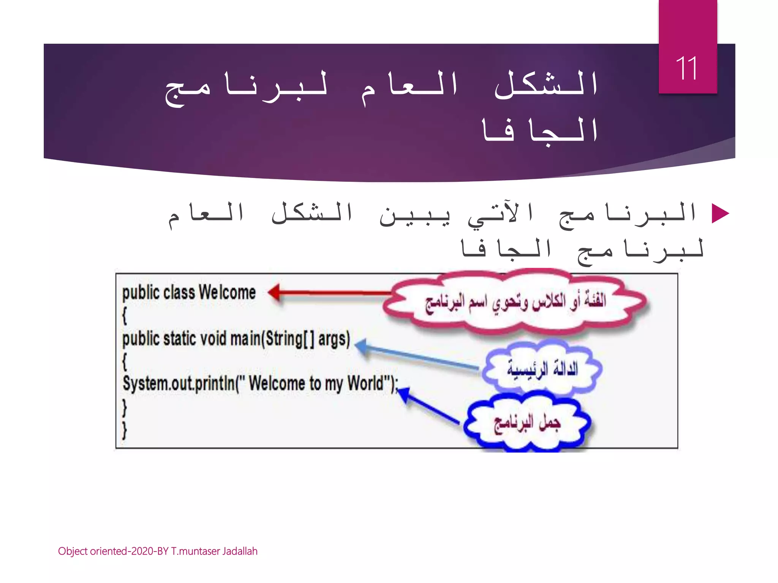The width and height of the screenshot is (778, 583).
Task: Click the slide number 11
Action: point(687,68)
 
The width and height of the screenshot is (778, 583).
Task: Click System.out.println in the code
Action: point(179,384)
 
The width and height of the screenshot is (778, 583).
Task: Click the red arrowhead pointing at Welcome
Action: point(274,293)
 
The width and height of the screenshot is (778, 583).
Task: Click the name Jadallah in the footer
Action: point(240,551)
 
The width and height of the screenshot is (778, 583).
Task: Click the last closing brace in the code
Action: point(124,430)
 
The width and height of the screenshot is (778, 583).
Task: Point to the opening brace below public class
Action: point(124,316)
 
